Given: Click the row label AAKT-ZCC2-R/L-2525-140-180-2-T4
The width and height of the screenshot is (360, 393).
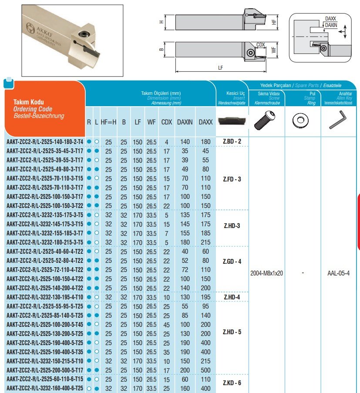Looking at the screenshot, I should pos(44,142).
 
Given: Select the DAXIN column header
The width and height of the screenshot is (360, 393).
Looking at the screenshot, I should pos(185,122).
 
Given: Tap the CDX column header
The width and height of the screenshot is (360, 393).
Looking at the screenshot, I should pos(166,122).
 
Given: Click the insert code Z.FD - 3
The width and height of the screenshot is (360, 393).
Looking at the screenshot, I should pos(232,179).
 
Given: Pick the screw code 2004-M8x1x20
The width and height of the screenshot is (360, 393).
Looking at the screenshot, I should pos(267,273).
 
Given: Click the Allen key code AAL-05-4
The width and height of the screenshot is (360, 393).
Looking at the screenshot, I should pos(338,273).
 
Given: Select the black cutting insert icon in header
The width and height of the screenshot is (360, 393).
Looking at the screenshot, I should pos(232,120).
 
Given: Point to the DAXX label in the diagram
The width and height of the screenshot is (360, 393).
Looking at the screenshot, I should pos(330,19).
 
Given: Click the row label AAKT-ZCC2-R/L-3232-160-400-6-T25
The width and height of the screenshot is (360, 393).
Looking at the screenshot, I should pos(45,388).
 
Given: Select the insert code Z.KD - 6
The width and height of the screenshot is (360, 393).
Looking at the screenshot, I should pos(232,383).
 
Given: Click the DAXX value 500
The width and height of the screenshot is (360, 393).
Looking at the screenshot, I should pos(205,370).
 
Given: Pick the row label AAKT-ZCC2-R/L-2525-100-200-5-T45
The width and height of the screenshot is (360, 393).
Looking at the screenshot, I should pos(45,324).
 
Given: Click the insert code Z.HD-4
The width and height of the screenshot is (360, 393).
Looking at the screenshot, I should pos(232,297).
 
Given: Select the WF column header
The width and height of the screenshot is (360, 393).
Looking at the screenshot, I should pos(151,122).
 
